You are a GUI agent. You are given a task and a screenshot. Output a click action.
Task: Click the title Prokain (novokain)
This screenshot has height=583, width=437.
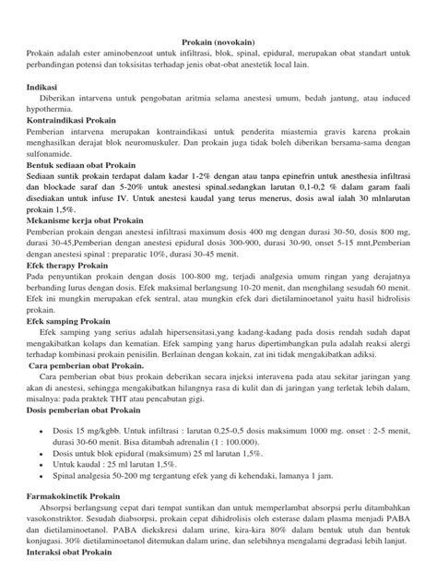(218, 42)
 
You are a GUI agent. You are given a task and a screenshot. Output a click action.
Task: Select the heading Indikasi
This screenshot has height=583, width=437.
(38, 89)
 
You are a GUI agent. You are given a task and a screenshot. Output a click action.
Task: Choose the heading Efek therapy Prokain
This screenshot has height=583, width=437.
(62, 265)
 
